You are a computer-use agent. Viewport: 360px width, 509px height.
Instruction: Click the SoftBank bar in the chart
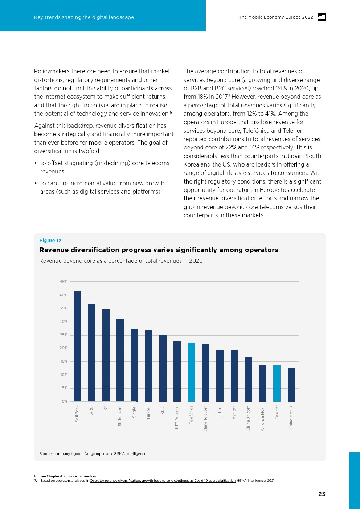coord(77,346)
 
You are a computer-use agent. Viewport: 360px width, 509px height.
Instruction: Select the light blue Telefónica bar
coord(191,372)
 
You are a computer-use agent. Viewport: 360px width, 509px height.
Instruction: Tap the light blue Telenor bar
coord(277,383)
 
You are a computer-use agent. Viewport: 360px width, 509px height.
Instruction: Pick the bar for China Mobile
coord(291,385)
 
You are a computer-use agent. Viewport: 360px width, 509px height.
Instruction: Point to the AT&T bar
coord(91,353)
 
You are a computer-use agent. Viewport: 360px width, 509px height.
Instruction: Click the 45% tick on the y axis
coord(64,282)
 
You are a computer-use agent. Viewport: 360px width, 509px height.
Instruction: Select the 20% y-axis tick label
coord(64,348)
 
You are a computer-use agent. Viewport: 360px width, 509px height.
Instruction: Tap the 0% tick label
coord(65,401)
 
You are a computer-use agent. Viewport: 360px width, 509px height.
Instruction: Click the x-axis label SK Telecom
coord(120,416)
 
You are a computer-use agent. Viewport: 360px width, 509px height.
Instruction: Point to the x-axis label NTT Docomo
coord(177,417)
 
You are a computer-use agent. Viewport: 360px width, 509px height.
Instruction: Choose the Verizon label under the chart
coord(234,412)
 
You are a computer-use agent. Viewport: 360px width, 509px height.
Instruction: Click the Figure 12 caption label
coord(50,241)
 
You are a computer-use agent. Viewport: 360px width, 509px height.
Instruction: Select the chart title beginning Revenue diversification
coord(159,250)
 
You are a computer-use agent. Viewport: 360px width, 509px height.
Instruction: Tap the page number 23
coord(322,494)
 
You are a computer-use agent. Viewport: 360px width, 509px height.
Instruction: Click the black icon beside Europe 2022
coord(322,17)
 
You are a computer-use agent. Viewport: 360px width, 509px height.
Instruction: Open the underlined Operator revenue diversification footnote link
coord(163,480)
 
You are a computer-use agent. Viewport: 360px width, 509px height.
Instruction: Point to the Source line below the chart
coord(93,453)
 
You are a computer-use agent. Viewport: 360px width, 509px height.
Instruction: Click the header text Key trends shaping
coord(84,17)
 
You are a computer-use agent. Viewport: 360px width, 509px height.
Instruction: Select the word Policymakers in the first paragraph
coord(52,71)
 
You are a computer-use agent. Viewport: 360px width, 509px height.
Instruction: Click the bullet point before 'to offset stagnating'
coord(36,163)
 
